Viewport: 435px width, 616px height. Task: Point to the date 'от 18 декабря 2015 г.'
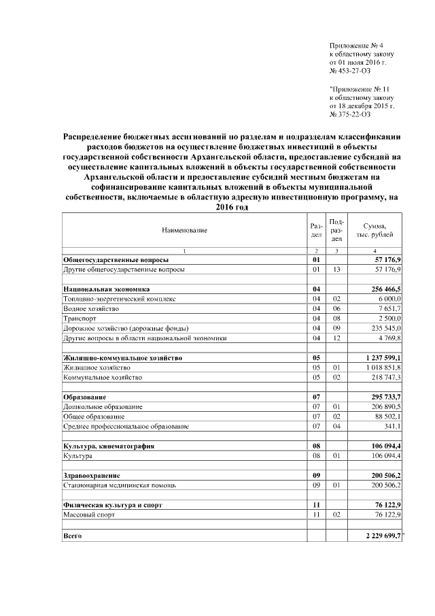point(362,106)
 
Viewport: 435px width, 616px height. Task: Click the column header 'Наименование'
point(184,231)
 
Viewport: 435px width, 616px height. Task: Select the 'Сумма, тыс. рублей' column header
point(375,231)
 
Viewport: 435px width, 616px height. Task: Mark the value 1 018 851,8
point(385,367)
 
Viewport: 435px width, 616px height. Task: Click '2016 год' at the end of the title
point(232,207)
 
